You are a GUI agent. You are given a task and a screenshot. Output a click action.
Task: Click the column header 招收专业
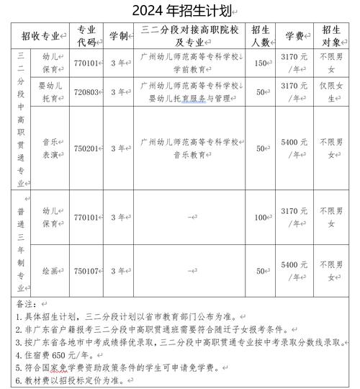click(x=41, y=35)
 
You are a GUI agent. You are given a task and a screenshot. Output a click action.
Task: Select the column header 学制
click(x=118, y=35)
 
